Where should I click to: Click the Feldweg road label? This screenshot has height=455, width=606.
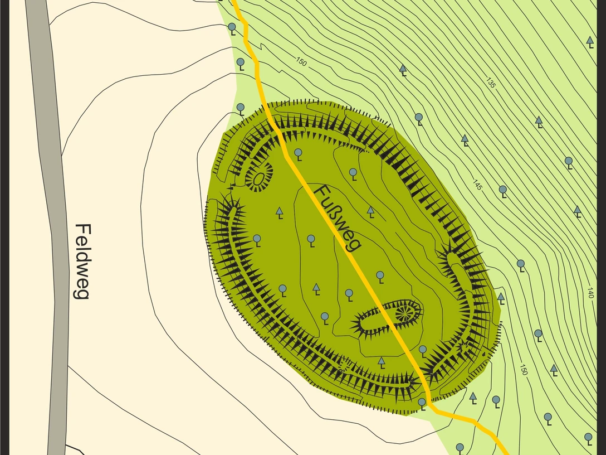coord(82,262)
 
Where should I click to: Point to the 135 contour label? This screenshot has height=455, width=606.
coord(490,84)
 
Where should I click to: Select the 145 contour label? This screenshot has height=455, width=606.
coord(477,185)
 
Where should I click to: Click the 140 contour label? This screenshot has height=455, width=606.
coord(590,293)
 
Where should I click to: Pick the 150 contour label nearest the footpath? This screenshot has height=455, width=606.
coord(301,62)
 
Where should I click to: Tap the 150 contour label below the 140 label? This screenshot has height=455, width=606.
coord(523,369)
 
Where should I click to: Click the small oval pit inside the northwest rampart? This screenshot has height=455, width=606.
coord(258,179)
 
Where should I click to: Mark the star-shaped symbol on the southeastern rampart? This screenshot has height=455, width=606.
coord(462,348)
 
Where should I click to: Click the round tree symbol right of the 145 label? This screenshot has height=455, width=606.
coord(502,190)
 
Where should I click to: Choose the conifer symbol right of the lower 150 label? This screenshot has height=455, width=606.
coord(554,369)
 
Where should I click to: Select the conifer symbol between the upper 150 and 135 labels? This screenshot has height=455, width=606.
coord(403,69)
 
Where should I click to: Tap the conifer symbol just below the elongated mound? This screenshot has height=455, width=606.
coord(382,362)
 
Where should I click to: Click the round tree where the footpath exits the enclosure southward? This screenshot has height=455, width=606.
coord(422,403)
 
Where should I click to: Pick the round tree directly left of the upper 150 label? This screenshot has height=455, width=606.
coord(241,62)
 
